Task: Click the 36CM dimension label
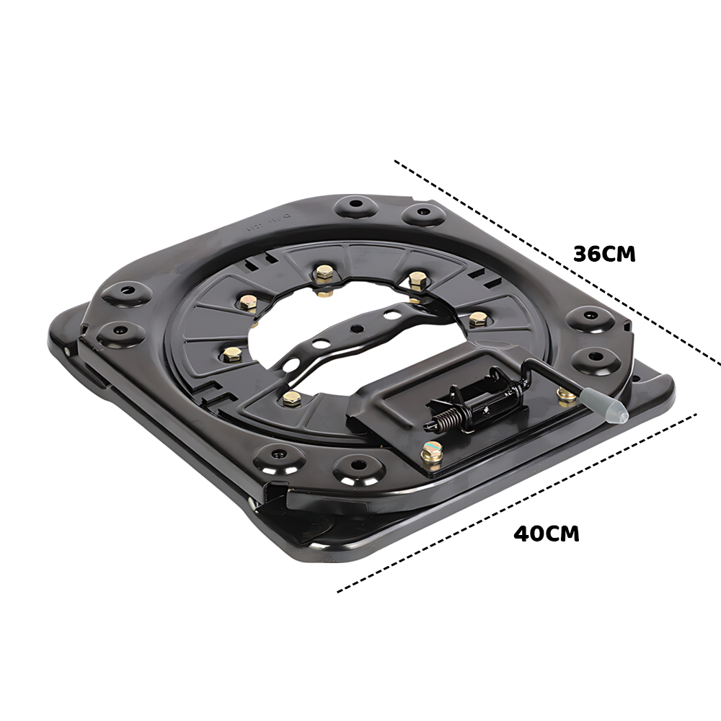click(x=604, y=255)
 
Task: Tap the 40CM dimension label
click(x=546, y=534)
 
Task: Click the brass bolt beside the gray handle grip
click(x=566, y=394)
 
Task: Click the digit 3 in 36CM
click(x=580, y=255)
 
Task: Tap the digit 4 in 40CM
click(x=521, y=534)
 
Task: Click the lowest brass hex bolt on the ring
click(x=291, y=399)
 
